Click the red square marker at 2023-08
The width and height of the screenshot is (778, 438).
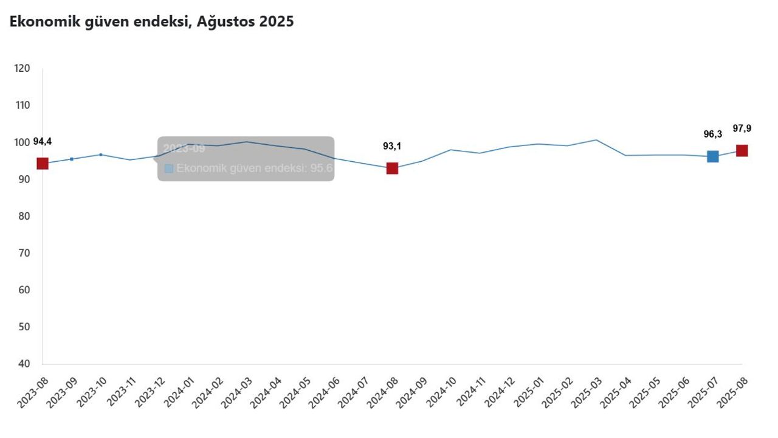[43, 163]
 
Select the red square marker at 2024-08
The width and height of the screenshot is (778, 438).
[392, 169]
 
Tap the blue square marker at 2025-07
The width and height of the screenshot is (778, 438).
[712, 156]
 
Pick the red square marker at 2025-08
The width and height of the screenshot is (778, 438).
[742, 150]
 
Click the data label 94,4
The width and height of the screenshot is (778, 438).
[43, 142]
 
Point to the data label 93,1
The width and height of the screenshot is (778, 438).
[392, 146]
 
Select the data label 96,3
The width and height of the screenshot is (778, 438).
[712, 134]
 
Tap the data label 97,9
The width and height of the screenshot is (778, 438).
[742, 128]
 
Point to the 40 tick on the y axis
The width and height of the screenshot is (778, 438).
[24, 364]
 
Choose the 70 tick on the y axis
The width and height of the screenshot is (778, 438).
[24, 253]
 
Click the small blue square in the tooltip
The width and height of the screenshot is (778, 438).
[169, 169]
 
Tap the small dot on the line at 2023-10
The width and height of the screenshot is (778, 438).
[101, 155]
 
